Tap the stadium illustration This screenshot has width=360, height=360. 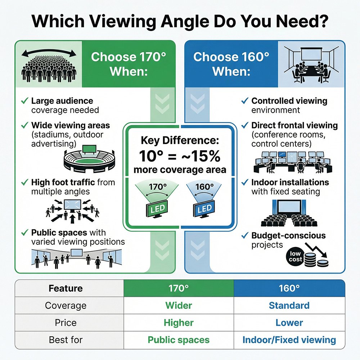[89, 159]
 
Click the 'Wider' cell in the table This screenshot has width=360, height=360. [179, 306]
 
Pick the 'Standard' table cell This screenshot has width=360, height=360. [289, 306]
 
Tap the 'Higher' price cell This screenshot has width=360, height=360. [179, 323]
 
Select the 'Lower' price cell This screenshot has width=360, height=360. [289, 323]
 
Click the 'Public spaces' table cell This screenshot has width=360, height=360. [179, 339]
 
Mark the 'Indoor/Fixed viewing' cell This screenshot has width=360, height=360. [289, 339]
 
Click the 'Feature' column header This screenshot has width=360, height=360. [66, 288]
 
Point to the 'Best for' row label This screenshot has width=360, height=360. [66, 339]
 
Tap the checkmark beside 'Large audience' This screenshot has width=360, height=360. [25, 101]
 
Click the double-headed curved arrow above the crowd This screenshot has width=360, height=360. [49, 53]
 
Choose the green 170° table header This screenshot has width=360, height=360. [179, 288]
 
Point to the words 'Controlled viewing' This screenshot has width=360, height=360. [289, 101]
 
